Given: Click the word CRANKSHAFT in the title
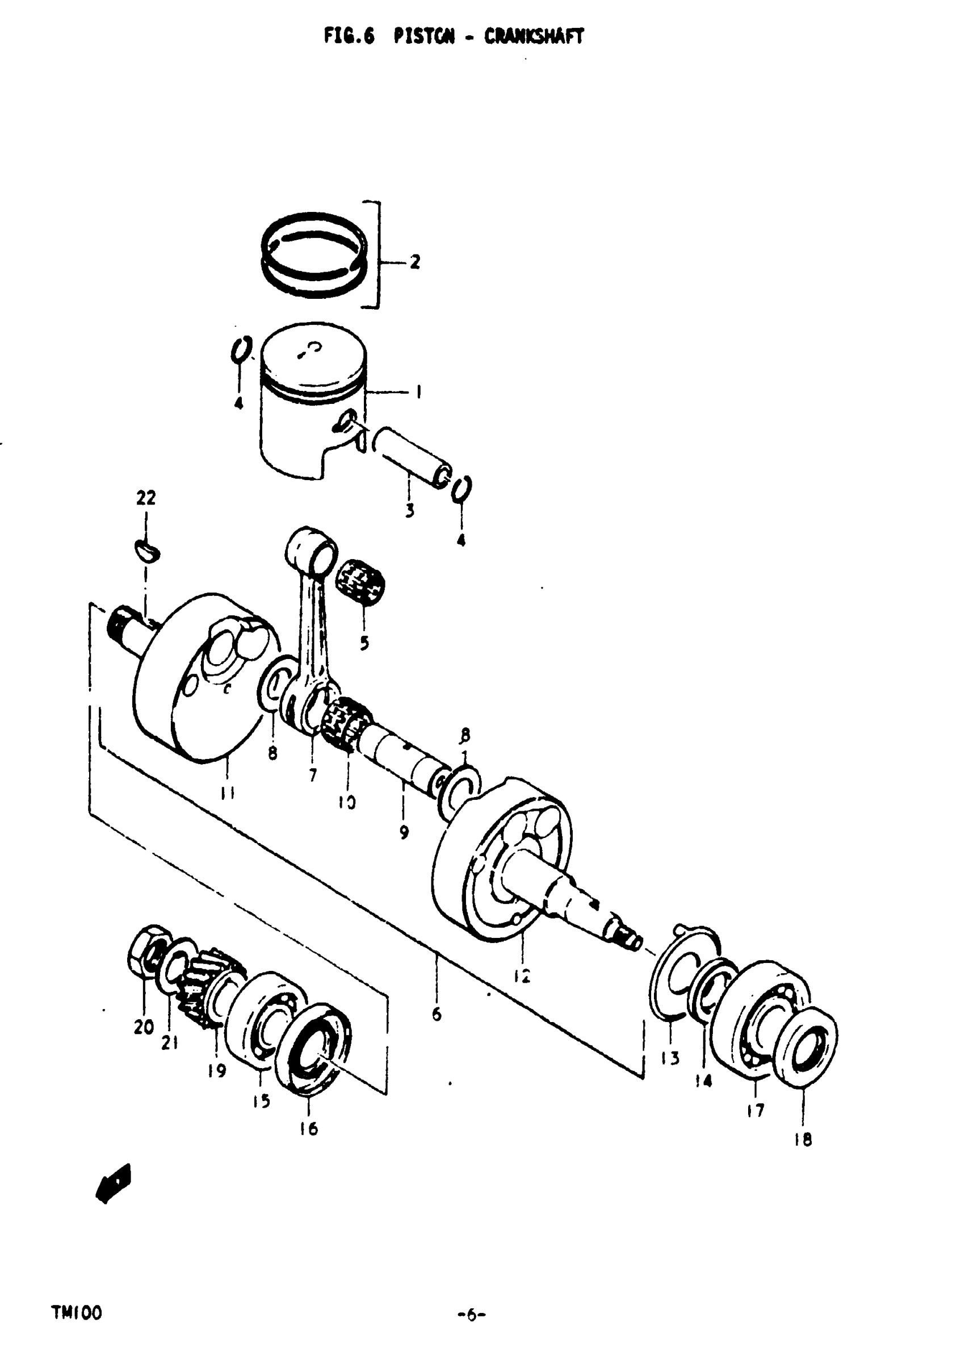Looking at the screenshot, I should tap(533, 37).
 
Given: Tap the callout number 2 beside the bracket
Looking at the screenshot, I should tap(414, 262).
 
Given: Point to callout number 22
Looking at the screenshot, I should tap(146, 497).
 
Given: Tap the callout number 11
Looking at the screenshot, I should tap(227, 793).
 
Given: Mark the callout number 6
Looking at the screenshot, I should tap(437, 1014).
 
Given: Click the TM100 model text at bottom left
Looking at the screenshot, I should tap(77, 1313).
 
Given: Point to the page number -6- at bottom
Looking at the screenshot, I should tap(472, 1315).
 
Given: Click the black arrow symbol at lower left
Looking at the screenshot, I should tap(114, 1183).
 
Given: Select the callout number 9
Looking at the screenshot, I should tap(404, 832).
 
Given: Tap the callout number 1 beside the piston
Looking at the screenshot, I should tap(418, 392).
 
